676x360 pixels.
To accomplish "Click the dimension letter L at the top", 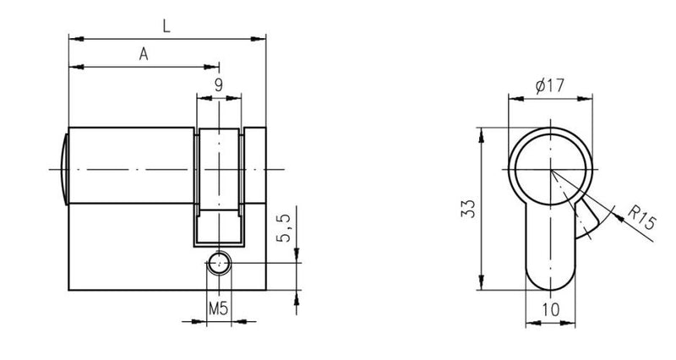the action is click(x=166, y=25).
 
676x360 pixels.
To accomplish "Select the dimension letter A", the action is click(x=144, y=54).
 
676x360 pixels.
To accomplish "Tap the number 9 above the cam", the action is click(x=219, y=85).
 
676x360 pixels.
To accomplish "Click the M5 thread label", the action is click(x=218, y=308).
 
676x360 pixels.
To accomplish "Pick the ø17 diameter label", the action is click(x=550, y=86).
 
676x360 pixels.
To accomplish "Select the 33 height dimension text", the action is click(x=469, y=209).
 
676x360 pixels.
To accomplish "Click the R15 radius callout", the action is click(x=642, y=218).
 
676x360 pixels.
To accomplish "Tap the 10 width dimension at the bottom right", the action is click(x=551, y=308).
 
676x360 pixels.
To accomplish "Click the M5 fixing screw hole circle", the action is click(x=219, y=263).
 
